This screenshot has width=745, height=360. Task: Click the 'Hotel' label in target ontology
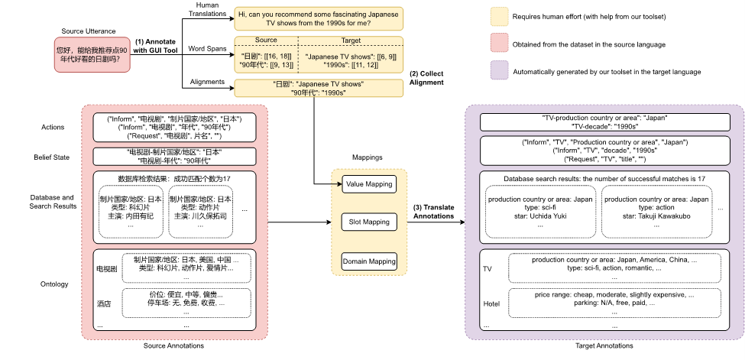coord(492,303)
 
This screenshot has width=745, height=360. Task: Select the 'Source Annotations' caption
coord(180,346)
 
